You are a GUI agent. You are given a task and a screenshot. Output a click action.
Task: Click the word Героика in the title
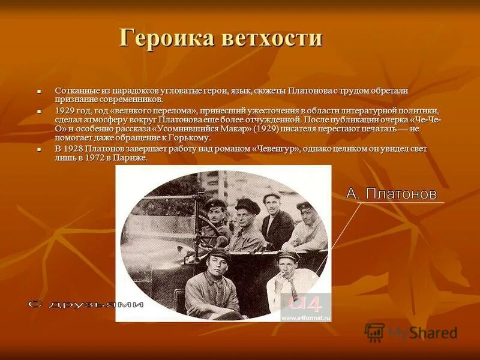(x=163, y=38)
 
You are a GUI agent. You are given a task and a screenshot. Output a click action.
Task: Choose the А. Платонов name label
(x=391, y=194)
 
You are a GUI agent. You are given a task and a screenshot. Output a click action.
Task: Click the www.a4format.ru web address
(x=306, y=317)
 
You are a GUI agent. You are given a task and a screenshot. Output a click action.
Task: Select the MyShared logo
(x=412, y=332)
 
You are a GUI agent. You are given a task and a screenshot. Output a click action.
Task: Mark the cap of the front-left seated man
(x=220, y=254)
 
